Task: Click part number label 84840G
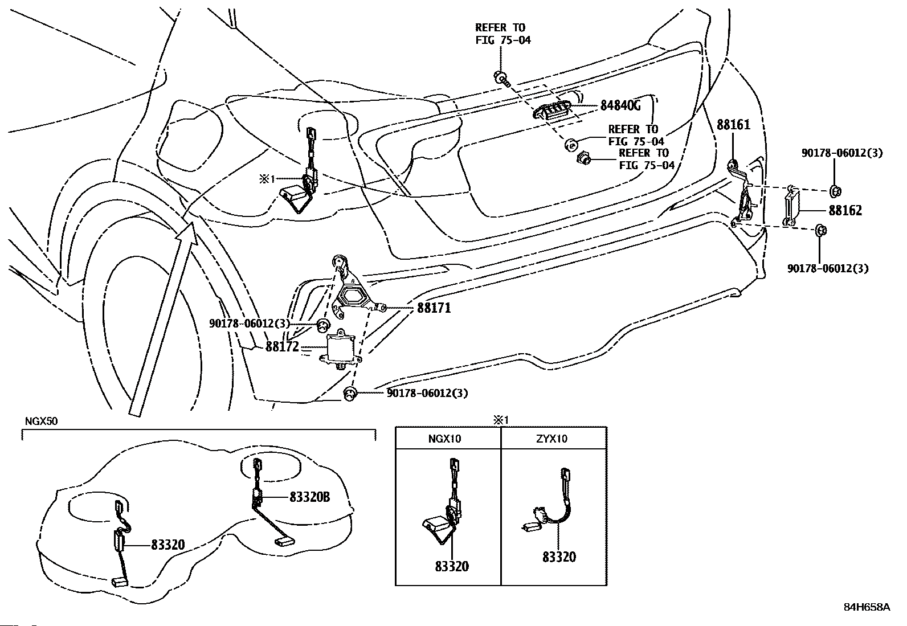(x=620, y=105)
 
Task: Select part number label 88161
(x=734, y=125)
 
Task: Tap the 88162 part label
(x=845, y=211)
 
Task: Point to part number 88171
(x=434, y=308)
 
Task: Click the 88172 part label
(x=282, y=347)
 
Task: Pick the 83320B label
(x=310, y=497)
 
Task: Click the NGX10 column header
(x=444, y=439)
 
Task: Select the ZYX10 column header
(x=552, y=439)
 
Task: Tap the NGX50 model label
(x=41, y=421)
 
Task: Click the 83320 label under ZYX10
(x=559, y=557)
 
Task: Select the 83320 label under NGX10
(x=452, y=566)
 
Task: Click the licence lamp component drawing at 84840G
(x=551, y=110)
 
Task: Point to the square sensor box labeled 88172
(x=340, y=347)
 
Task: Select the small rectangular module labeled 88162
(x=791, y=206)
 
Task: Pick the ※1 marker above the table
(x=501, y=420)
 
